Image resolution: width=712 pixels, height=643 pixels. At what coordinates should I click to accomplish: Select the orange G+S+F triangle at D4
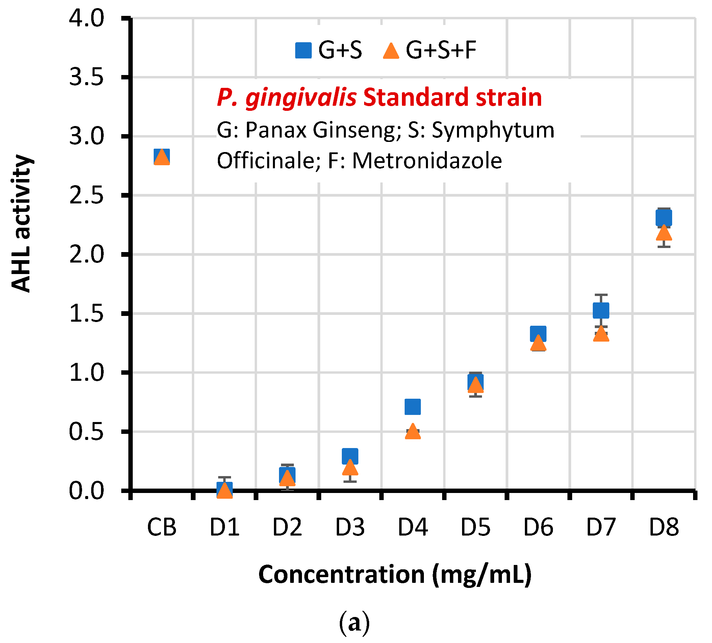pyautogui.click(x=412, y=432)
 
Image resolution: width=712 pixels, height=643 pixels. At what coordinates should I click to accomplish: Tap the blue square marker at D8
pyautogui.click(x=664, y=218)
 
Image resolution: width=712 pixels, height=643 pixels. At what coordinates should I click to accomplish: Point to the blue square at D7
pyautogui.click(x=601, y=310)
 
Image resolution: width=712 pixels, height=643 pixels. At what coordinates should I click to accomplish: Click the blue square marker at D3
pyautogui.click(x=350, y=456)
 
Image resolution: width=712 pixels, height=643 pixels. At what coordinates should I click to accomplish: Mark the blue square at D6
pyautogui.click(x=538, y=333)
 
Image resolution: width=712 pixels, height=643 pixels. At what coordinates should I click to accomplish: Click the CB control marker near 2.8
pyautogui.click(x=162, y=156)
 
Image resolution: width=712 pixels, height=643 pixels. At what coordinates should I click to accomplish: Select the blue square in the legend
pyautogui.click(x=303, y=50)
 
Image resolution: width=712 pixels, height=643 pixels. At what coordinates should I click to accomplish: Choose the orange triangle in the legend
pyautogui.click(x=391, y=51)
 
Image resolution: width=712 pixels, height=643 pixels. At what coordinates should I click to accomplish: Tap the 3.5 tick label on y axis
pyautogui.click(x=86, y=77)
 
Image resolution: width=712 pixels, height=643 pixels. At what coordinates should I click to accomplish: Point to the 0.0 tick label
pyautogui.click(x=86, y=491)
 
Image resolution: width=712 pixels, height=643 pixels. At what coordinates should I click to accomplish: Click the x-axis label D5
pyautogui.click(x=475, y=527)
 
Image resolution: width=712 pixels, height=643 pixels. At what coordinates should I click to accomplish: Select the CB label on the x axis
pyautogui.click(x=162, y=527)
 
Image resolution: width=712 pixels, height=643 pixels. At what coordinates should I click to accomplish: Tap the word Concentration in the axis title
pyautogui.click(x=341, y=574)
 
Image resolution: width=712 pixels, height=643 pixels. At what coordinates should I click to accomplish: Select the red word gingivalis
pyautogui.click(x=301, y=97)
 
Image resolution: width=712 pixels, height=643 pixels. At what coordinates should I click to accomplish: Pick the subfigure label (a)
pyautogui.click(x=354, y=623)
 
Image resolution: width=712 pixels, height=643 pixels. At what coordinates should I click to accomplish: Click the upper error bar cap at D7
pyautogui.click(x=601, y=294)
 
